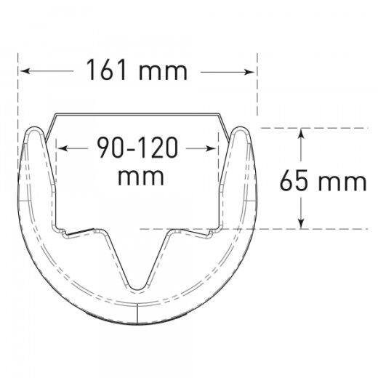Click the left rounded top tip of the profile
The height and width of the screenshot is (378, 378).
(x=33, y=131)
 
